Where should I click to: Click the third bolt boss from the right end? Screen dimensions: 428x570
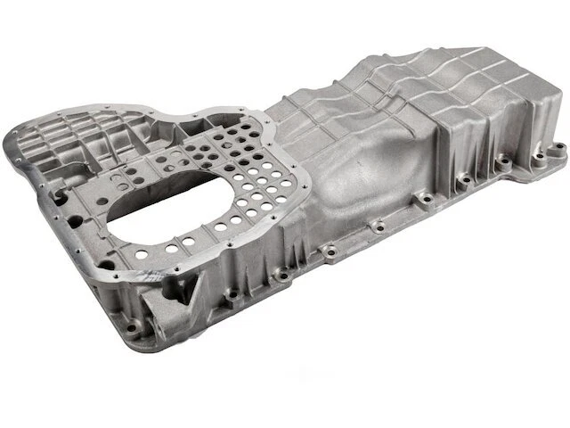[462, 180]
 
